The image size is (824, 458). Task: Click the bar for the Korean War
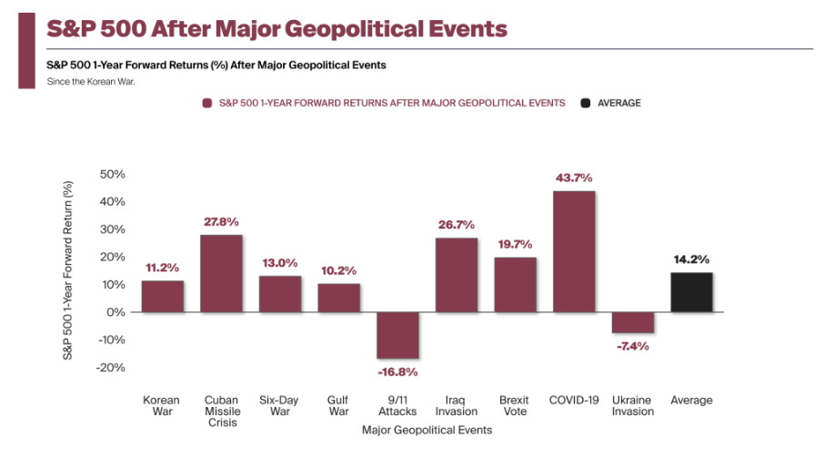pos(162,296)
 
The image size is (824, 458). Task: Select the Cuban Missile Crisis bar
pos(221,273)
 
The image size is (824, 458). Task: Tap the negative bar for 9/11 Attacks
pos(397,335)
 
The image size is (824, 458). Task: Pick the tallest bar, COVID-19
pos(573,251)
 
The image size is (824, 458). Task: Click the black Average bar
pos(691,292)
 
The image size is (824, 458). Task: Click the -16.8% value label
pos(397,371)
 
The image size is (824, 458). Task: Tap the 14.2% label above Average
pos(691,260)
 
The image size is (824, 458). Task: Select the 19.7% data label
pos(515,244)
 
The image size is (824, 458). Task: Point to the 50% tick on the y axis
pos(113,174)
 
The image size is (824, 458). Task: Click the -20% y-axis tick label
pos(110,368)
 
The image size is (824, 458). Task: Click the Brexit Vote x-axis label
pos(515,405)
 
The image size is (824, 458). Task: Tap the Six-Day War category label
pos(280,405)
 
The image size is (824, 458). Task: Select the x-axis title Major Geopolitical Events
pos(427,430)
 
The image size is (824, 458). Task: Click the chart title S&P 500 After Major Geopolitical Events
pos(276,28)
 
